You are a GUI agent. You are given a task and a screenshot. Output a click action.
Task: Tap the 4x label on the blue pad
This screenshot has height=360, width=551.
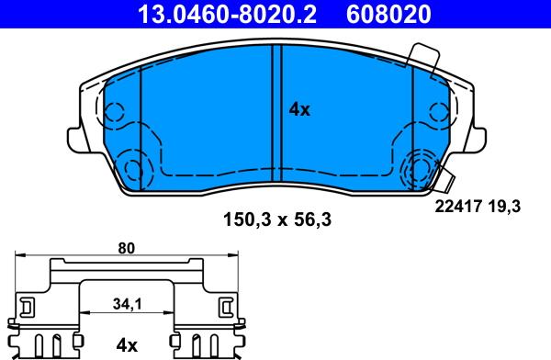click(300, 109)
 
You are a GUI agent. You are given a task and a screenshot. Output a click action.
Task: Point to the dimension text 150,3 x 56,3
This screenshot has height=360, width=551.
click(278, 219)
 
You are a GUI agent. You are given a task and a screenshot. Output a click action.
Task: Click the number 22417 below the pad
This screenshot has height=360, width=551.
click(455, 208)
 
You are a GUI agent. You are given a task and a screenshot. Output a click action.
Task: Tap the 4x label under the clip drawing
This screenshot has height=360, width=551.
click(126, 345)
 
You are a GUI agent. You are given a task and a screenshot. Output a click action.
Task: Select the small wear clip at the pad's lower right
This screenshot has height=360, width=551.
click(446, 182)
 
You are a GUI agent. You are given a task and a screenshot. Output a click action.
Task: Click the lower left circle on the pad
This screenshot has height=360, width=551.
click(134, 169)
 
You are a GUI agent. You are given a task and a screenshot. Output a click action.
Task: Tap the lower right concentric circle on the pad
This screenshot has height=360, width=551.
click(423, 169)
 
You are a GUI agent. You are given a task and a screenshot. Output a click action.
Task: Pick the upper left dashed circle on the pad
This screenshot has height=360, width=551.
click(114, 113)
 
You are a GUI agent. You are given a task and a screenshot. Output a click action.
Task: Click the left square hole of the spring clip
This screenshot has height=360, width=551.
click(27, 305)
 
